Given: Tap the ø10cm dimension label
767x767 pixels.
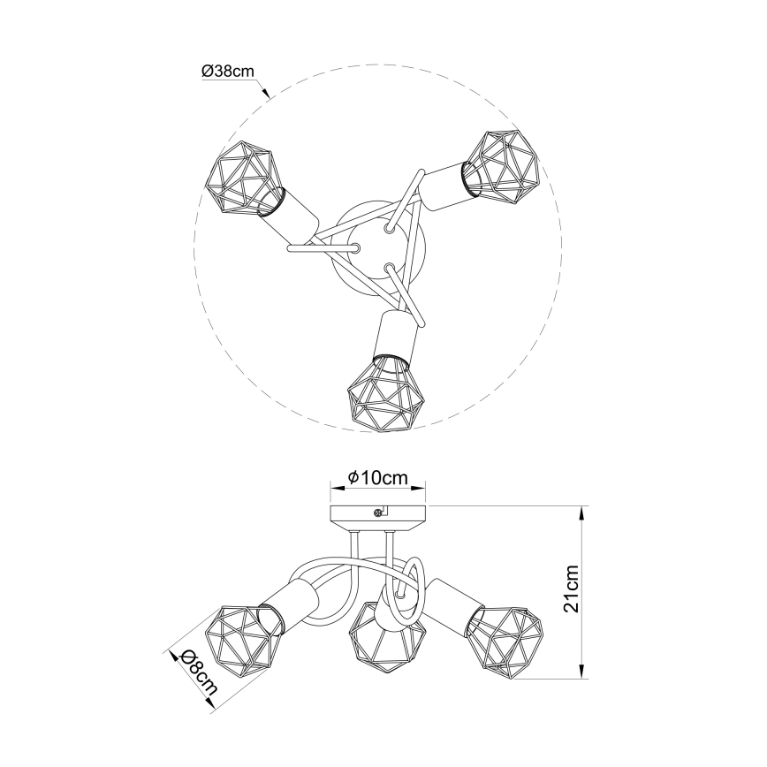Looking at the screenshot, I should (x=377, y=478).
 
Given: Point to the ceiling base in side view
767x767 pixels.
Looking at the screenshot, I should (x=377, y=516).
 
